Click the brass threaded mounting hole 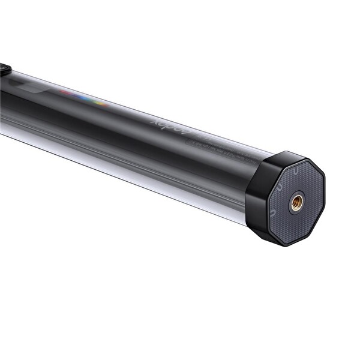pyautogui.click(x=296, y=203)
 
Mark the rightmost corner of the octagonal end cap pyautogui.click(x=325, y=180)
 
